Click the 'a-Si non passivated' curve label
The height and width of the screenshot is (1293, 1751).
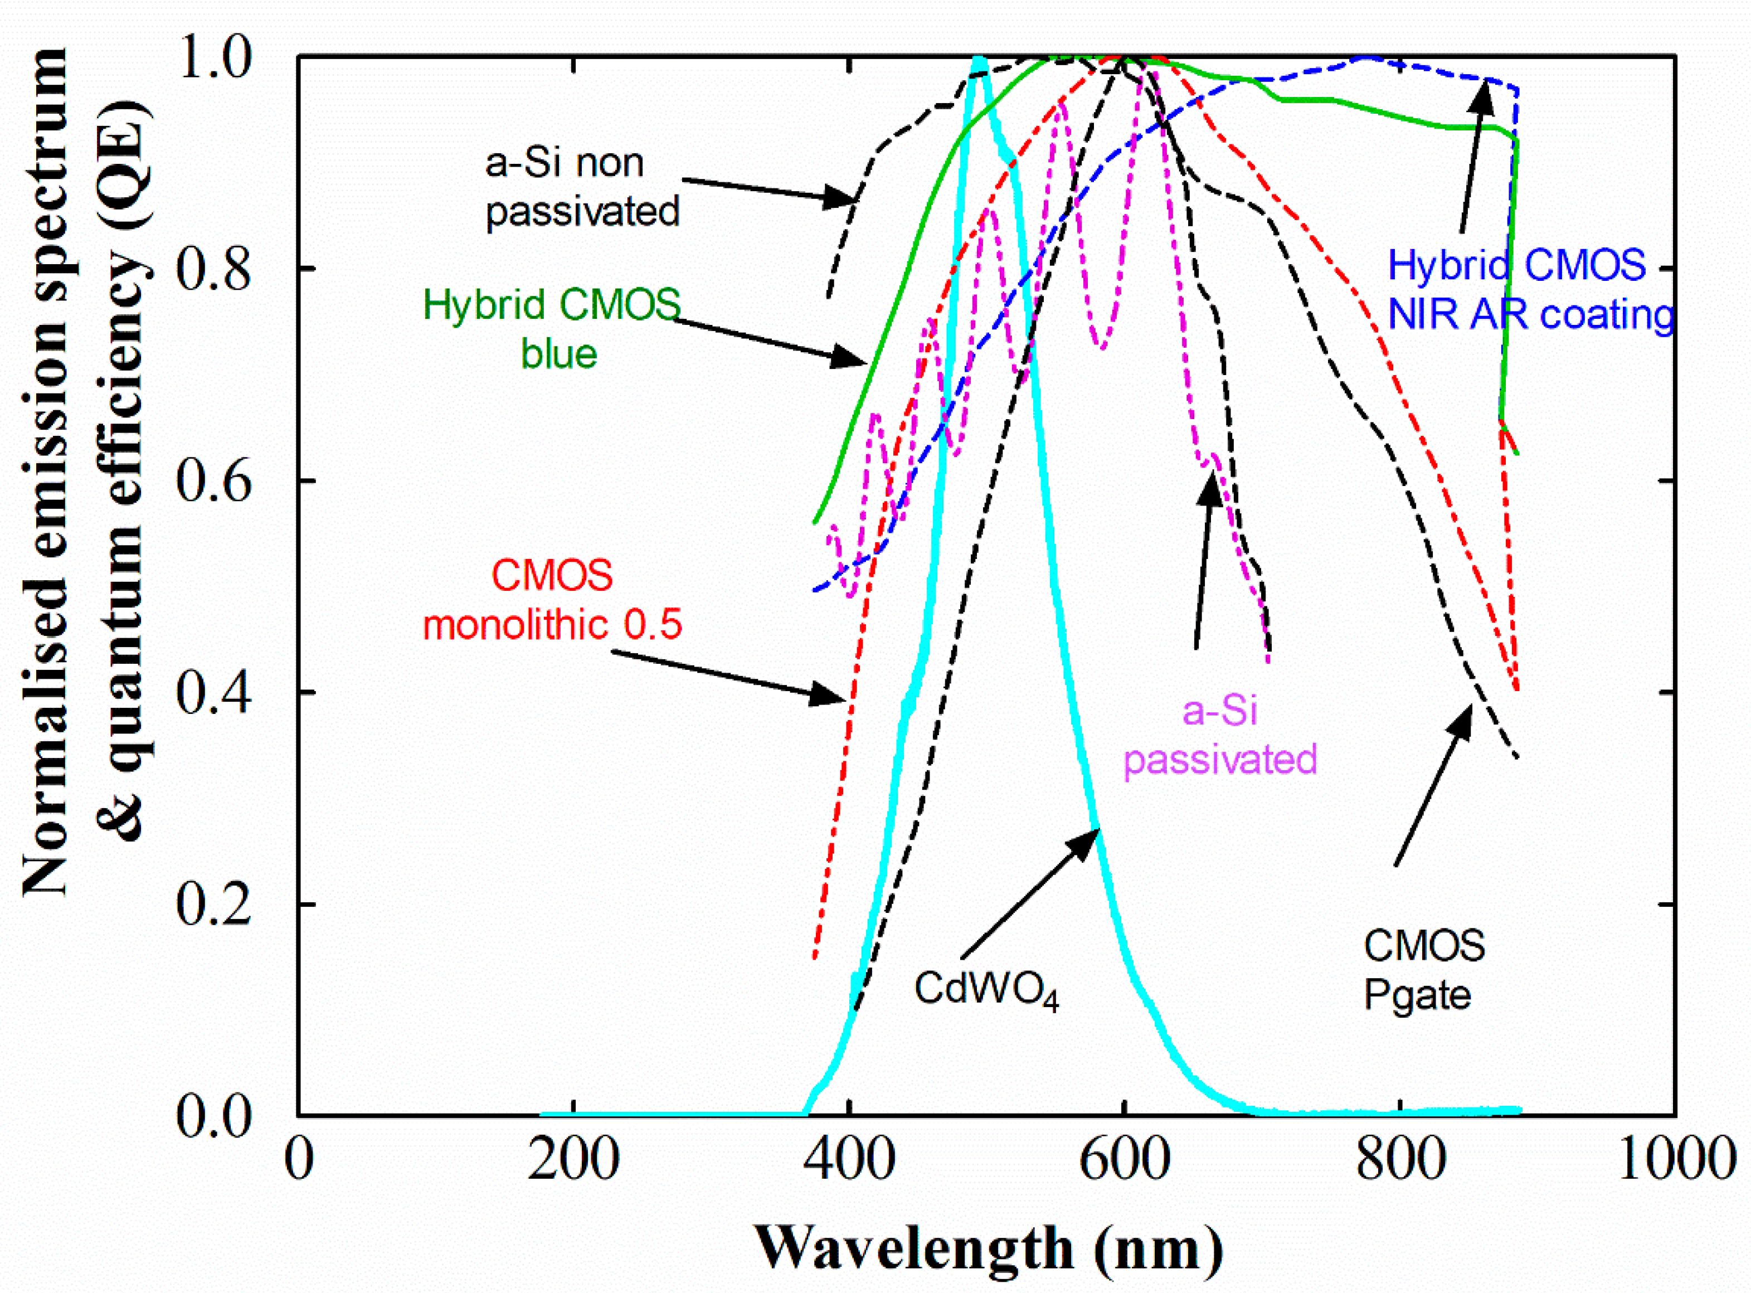582,187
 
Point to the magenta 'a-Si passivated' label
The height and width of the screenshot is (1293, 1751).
1219,736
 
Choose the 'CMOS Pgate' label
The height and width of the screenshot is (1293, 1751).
1423,970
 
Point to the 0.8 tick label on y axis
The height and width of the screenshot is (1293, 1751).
213,269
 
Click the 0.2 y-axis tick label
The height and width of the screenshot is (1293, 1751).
213,904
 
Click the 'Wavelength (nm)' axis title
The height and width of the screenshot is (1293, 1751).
988,1248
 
